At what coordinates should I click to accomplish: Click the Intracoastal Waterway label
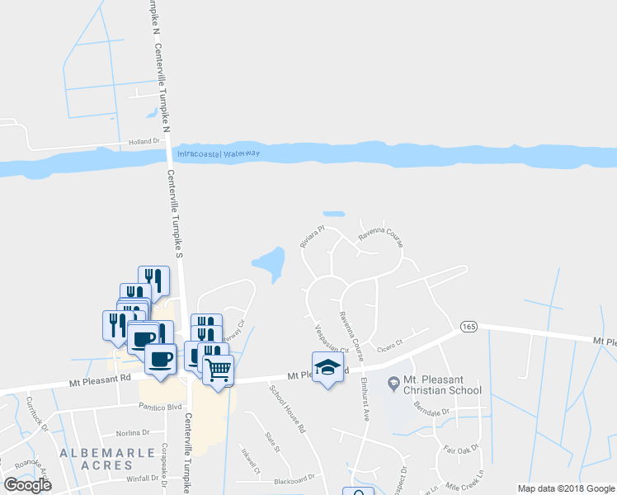[218, 153]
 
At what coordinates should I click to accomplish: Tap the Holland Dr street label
[144, 142]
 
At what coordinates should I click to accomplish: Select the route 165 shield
[469, 326]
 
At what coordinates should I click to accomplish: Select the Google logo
[26, 484]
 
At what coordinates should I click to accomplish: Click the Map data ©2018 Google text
[566, 488]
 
